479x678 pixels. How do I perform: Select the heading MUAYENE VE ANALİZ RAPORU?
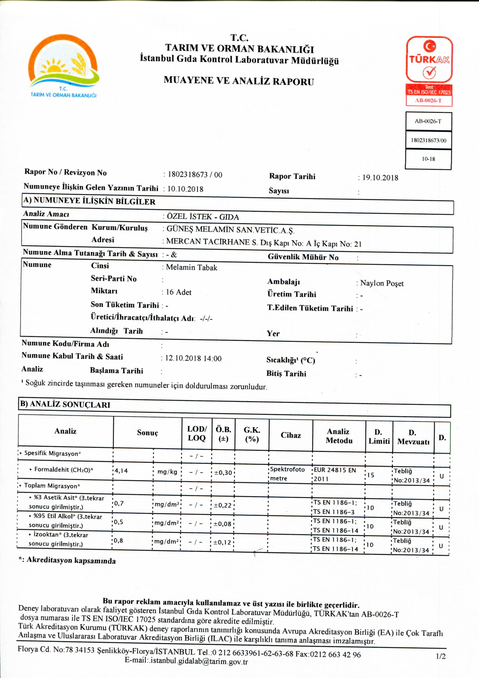pyautogui.click(x=238, y=81)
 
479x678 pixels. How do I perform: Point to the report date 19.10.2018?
pyautogui.click(x=380, y=177)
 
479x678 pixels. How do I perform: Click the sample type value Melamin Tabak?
pyautogui.click(x=191, y=268)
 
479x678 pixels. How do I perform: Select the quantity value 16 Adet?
pyautogui.click(x=179, y=292)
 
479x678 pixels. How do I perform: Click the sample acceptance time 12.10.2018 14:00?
pyautogui.click(x=193, y=359)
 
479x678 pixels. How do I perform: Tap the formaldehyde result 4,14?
pyautogui.click(x=121, y=471)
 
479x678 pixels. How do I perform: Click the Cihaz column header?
pyautogui.click(x=291, y=435)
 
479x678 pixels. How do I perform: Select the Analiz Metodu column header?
pyautogui.click(x=339, y=436)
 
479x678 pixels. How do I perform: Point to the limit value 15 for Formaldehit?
pyautogui.click(x=370, y=475)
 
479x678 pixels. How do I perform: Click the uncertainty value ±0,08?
pyautogui.click(x=223, y=524)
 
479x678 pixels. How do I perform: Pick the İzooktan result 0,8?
pyautogui.click(x=118, y=540)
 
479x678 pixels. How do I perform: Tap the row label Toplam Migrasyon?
pyautogui.click(x=52, y=486)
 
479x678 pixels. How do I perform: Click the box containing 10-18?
pyautogui.click(x=428, y=159)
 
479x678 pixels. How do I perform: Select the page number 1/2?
pyautogui.click(x=441, y=656)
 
